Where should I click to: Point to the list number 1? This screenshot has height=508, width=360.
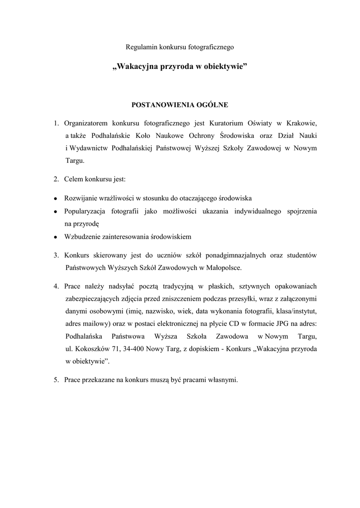57,123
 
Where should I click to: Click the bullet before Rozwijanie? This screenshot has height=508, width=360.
56,198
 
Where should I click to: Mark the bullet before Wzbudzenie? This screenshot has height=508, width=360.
56,237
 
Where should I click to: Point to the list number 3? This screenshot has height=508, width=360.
57,255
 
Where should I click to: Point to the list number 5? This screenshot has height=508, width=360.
57,381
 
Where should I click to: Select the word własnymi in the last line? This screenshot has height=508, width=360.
224,381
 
